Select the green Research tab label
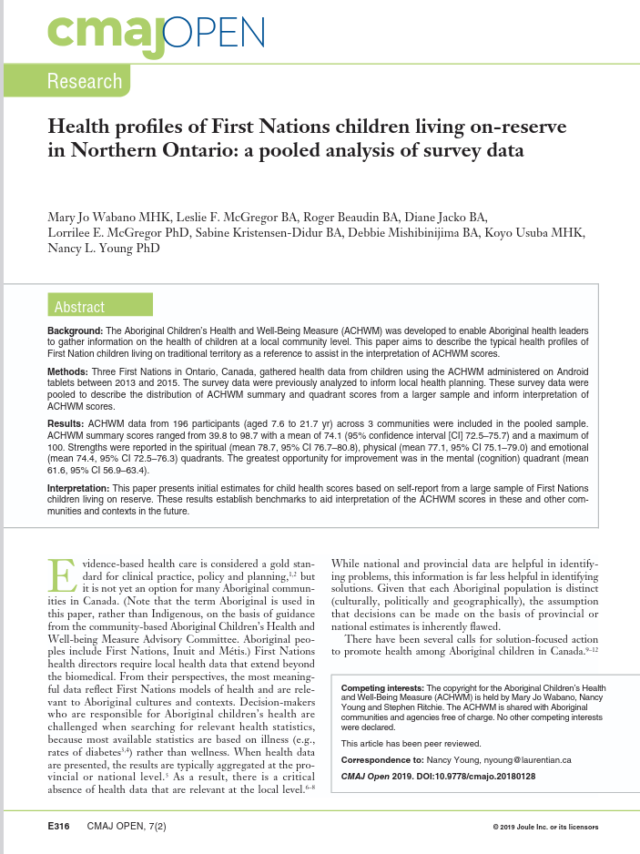point(85,81)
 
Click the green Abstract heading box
point(79,307)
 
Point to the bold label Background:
point(76,330)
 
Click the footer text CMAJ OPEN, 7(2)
point(127,826)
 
